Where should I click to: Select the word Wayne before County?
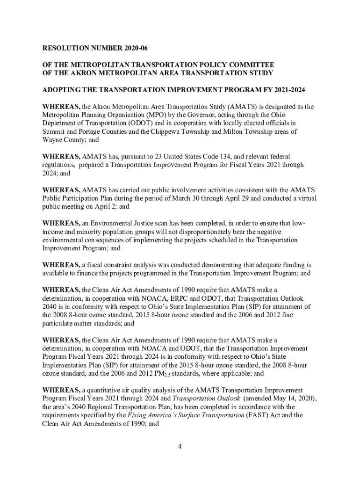tap(52, 140)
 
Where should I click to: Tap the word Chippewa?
tap(166, 131)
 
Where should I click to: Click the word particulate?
tap(58, 324)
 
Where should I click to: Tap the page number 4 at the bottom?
tap(180, 446)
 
